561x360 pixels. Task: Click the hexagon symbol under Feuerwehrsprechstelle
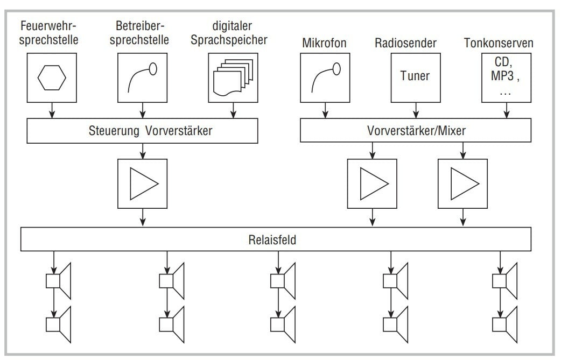(52, 79)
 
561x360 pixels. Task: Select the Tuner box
(415, 76)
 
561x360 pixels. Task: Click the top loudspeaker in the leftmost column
(59, 281)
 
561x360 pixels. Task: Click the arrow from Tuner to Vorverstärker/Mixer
(415, 111)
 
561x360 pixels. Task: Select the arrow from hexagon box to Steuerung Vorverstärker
(52, 111)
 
